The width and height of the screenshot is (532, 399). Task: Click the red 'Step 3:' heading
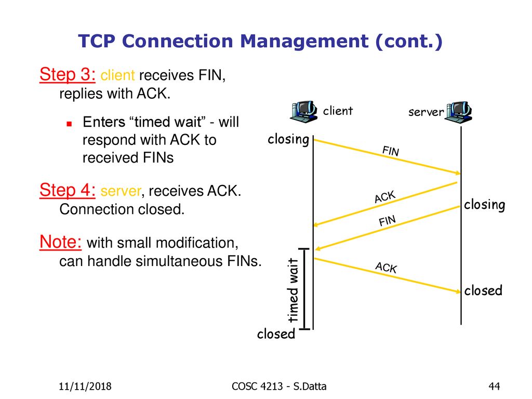[x=67, y=75]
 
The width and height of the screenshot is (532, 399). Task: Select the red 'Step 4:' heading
[x=67, y=190]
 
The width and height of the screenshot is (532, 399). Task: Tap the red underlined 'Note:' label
[x=60, y=242]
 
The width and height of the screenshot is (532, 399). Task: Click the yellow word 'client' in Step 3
[x=117, y=75]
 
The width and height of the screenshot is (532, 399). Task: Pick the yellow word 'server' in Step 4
[x=121, y=191]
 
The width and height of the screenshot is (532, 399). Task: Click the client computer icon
[x=304, y=112]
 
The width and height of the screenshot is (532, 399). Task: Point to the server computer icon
[x=458, y=112]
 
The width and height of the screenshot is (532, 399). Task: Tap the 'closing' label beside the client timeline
[x=288, y=139]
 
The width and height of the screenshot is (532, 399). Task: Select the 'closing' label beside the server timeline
[x=485, y=205]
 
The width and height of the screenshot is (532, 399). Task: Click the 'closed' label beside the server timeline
[x=483, y=290]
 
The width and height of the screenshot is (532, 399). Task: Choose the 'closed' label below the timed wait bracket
[x=276, y=334]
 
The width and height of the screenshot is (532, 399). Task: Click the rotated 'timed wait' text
[x=293, y=290]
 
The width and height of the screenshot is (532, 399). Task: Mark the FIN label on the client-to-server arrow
[x=391, y=151]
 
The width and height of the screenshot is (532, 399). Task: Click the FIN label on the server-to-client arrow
[x=387, y=221]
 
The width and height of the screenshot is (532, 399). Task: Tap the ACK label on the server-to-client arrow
[x=385, y=197]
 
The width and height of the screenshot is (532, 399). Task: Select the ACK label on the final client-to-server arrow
[x=386, y=268]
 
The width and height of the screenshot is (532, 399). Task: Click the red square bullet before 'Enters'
[x=69, y=124]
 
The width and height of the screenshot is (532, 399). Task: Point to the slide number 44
[x=494, y=386]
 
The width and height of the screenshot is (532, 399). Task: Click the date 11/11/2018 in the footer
[x=85, y=386]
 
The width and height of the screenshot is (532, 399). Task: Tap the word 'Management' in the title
[x=304, y=42]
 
